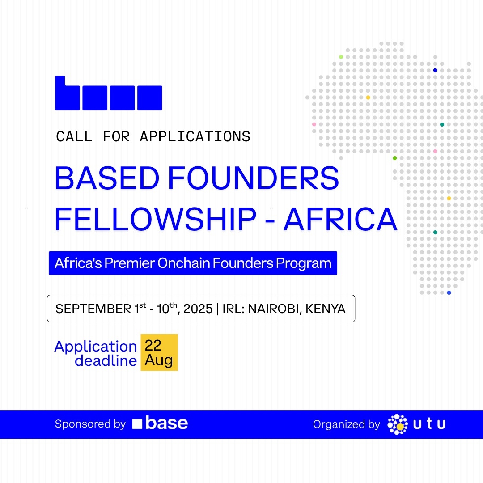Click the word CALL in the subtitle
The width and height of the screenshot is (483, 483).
(74, 136)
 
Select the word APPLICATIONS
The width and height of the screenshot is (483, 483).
(195, 136)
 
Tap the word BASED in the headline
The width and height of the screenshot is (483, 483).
(107, 178)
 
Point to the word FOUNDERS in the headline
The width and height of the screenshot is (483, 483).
(254, 178)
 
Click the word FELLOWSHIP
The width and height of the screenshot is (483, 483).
(156, 219)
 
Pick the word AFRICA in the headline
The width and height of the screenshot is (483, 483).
(340, 219)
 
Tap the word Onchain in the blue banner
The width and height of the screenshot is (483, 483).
(184, 263)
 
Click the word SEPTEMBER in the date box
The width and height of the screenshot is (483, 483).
(93, 309)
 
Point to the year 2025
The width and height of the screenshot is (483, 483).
(198, 309)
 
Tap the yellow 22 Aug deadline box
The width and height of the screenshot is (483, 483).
(159, 352)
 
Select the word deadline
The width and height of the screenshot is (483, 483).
(106, 361)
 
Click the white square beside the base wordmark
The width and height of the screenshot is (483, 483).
(137, 424)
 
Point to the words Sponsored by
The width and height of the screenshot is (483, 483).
(90, 424)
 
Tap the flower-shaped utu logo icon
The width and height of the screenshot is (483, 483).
(398, 424)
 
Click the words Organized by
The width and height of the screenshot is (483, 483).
(347, 424)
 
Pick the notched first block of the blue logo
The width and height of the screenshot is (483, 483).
(68, 93)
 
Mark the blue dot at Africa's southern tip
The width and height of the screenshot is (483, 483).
(449, 292)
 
